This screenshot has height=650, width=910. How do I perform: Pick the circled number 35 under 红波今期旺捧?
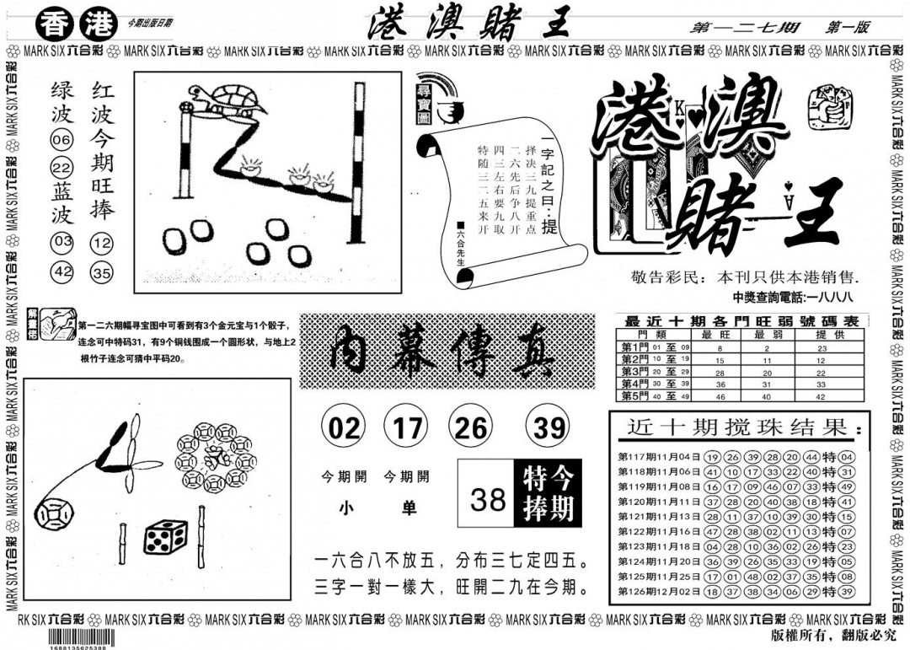pyautogui.click(x=102, y=272)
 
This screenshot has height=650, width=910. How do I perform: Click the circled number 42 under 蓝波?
pyautogui.click(x=62, y=272)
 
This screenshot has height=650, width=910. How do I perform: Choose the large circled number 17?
pyautogui.click(x=407, y=429)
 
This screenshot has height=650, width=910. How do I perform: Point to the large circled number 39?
pyautogui.click(x=549, y=429)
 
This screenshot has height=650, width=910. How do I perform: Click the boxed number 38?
pyautogui.click(x=488, y=500)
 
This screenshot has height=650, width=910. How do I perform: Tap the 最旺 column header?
pyautogui.click(x=720, y=334)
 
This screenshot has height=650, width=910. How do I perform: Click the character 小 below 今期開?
pyautogui.click(x=345, y=508)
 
